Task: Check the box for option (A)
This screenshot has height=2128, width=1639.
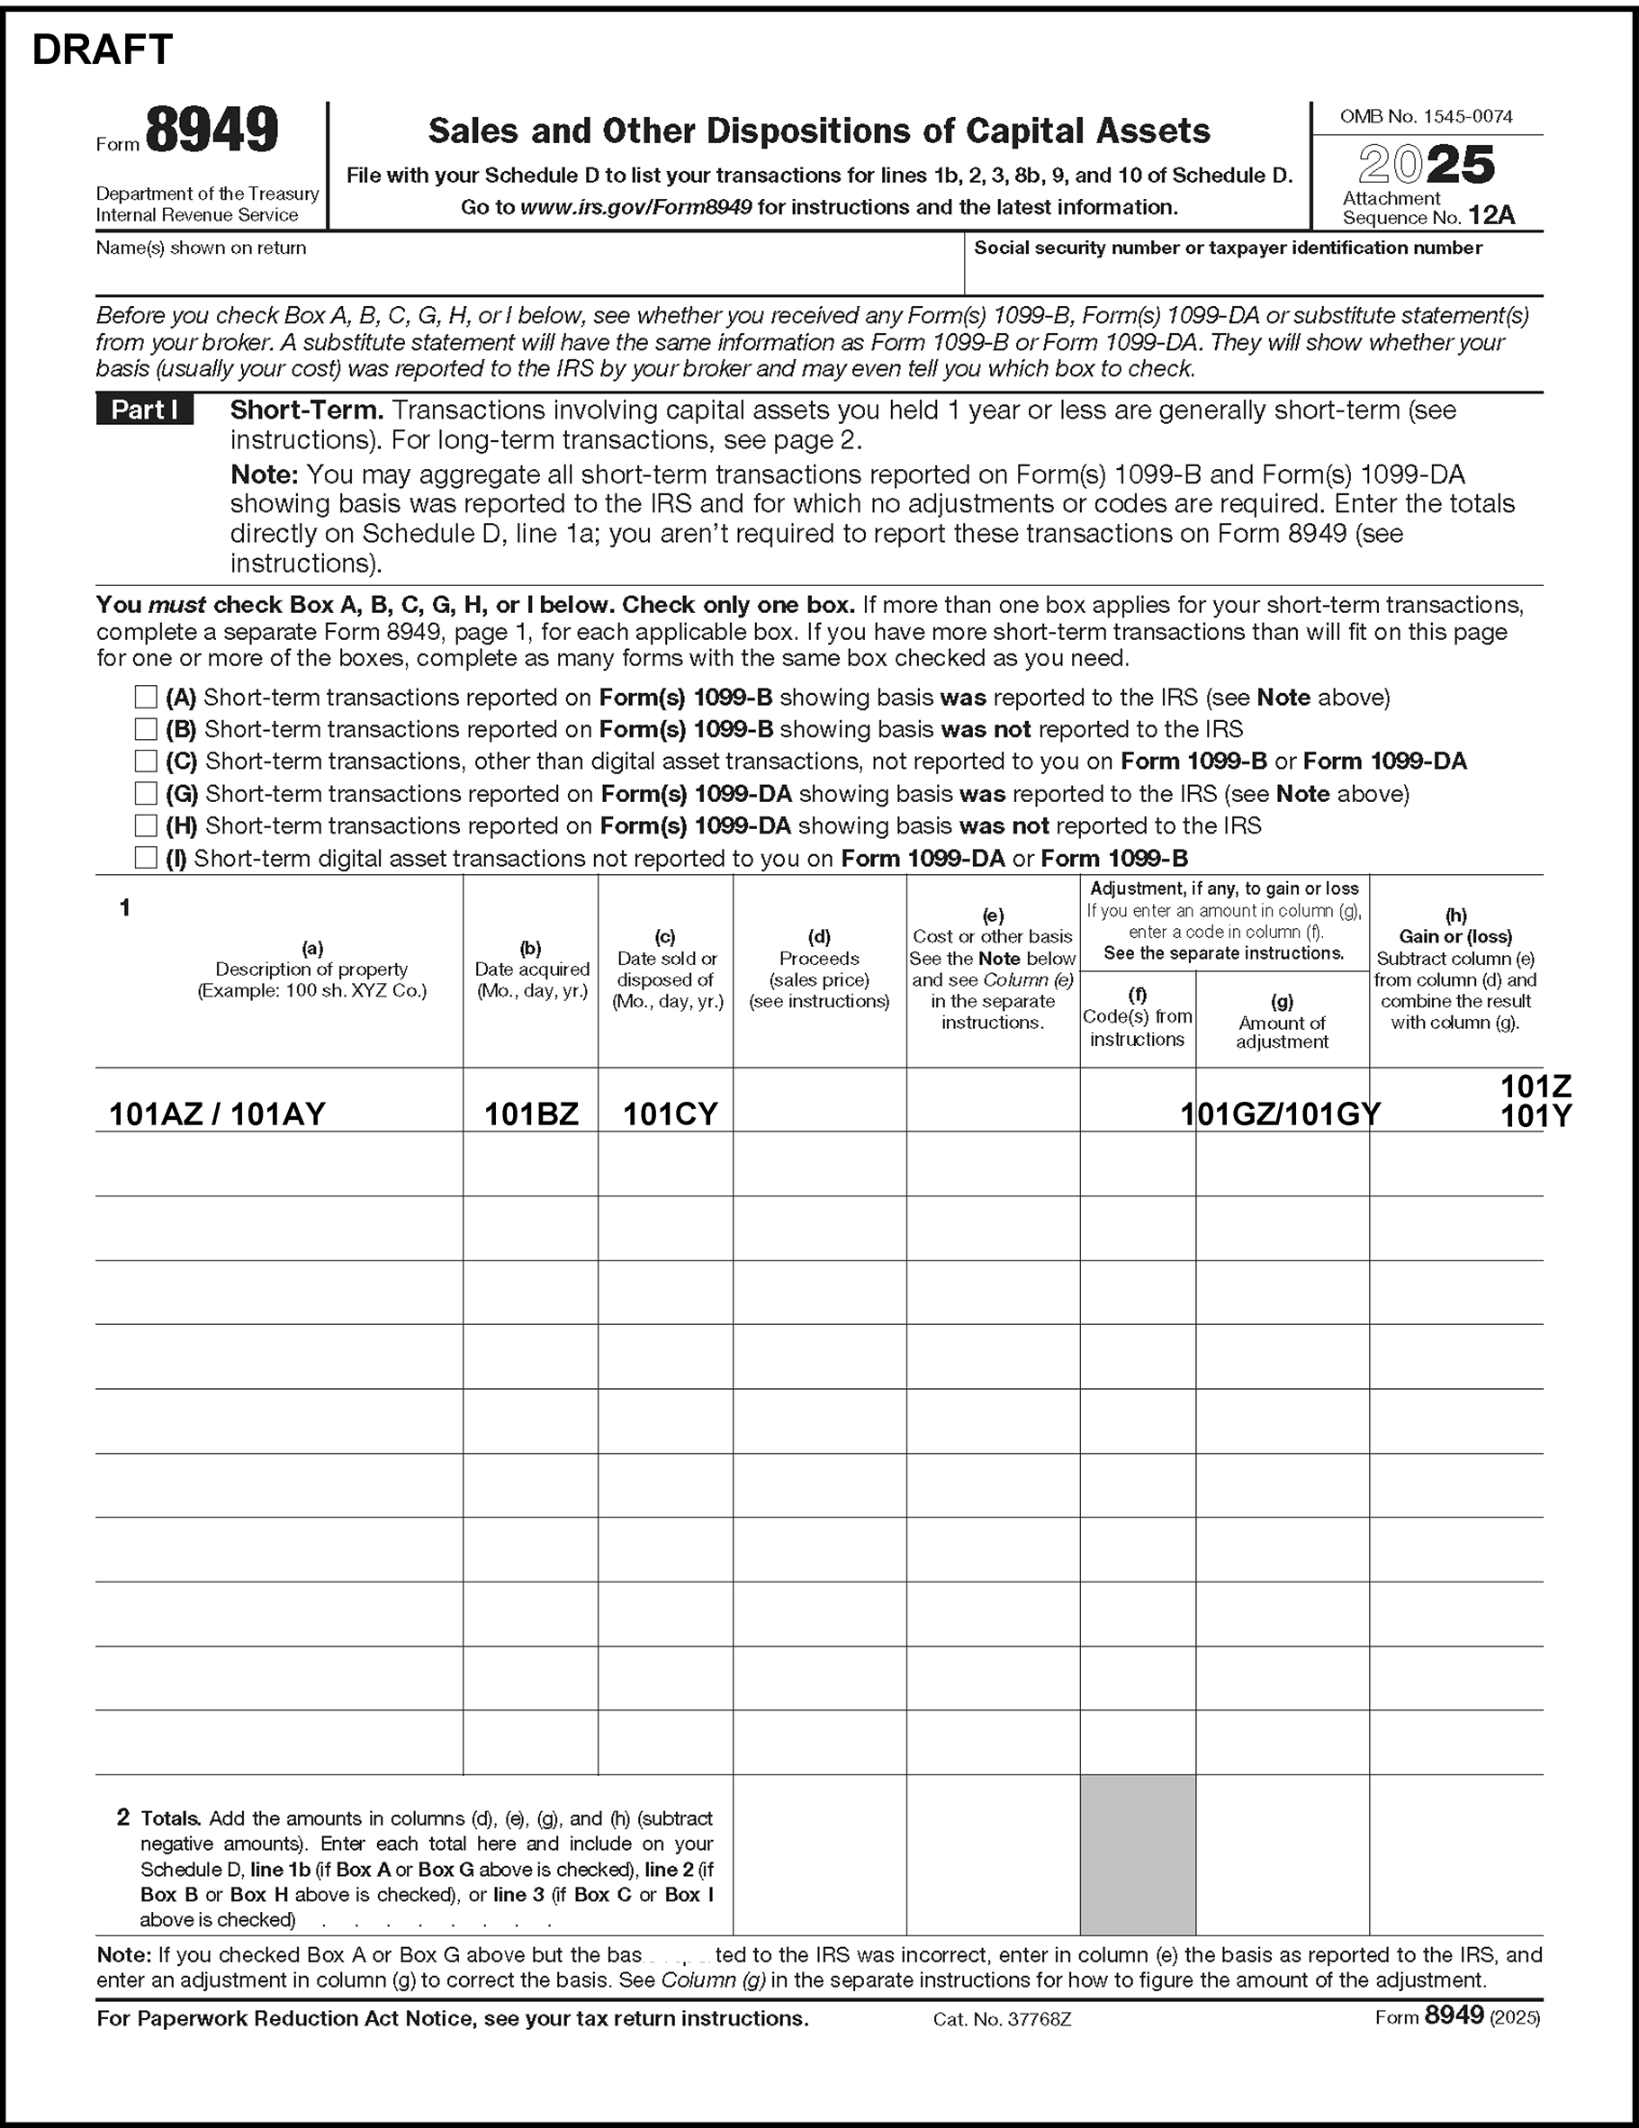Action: click(146, 697)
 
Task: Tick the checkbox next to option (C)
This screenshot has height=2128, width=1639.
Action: click(146, 761)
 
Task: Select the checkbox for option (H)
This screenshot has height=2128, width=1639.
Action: click(146, 825)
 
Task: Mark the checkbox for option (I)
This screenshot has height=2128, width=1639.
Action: click(146, 858)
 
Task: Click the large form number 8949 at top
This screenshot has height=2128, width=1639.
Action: click(212, 131)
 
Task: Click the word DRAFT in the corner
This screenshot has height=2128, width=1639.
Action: click(103, 50)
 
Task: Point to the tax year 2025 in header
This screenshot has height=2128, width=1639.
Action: click(1427, 165)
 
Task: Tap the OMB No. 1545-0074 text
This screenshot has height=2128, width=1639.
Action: click(1426, 117)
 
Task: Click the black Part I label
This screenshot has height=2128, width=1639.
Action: click(144, 410)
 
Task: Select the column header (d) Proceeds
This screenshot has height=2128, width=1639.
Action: click(818, 969)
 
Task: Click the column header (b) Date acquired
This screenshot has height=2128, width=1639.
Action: click(531, 969)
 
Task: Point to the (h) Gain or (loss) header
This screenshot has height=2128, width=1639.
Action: click(1455, 969)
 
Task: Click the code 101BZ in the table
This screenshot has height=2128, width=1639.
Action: click(531, 1114)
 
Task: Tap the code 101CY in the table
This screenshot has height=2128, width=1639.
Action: click(670, 1114)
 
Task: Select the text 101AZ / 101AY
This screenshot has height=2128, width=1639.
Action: click(216, 1114)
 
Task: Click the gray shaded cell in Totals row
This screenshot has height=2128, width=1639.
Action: click(1137, 1854)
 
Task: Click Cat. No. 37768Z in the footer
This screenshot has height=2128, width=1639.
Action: click(1002, 2020)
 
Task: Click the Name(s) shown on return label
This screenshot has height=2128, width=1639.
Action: click(201, 248)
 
